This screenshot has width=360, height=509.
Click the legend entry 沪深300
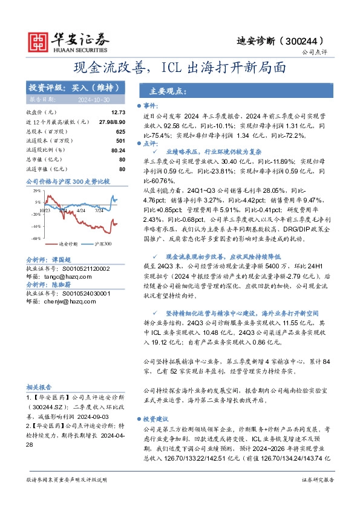[x=102, y=244]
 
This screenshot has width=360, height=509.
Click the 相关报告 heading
[x=39, y=387]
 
